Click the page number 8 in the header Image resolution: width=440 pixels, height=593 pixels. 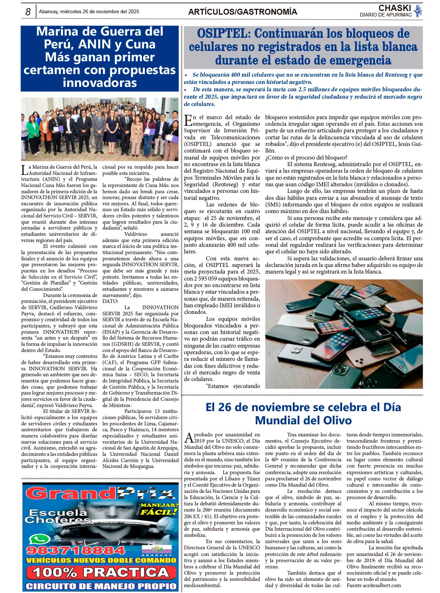tap(28, 12)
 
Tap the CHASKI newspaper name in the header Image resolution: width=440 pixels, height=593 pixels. tap(395, 8)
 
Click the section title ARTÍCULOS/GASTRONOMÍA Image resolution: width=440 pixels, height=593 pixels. tap(242, 12)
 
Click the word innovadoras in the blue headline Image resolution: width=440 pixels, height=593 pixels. tap(99, 83)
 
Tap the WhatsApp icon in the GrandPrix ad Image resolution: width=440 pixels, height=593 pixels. tap(40, 539)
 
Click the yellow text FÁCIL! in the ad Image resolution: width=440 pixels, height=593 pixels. tap(159, 512)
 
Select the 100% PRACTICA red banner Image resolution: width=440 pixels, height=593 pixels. tap(100, 572)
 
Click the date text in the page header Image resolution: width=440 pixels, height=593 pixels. tap(89, 12)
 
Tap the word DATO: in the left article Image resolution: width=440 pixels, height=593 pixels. tap(110, 301)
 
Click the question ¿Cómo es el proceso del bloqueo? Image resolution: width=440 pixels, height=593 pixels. tap(306, 157)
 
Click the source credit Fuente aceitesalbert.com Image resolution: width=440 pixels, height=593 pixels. tap(374, 585)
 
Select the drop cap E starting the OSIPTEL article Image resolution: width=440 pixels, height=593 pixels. tap(188, 120)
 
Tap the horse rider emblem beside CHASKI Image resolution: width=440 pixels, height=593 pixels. tap(418, 11)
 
